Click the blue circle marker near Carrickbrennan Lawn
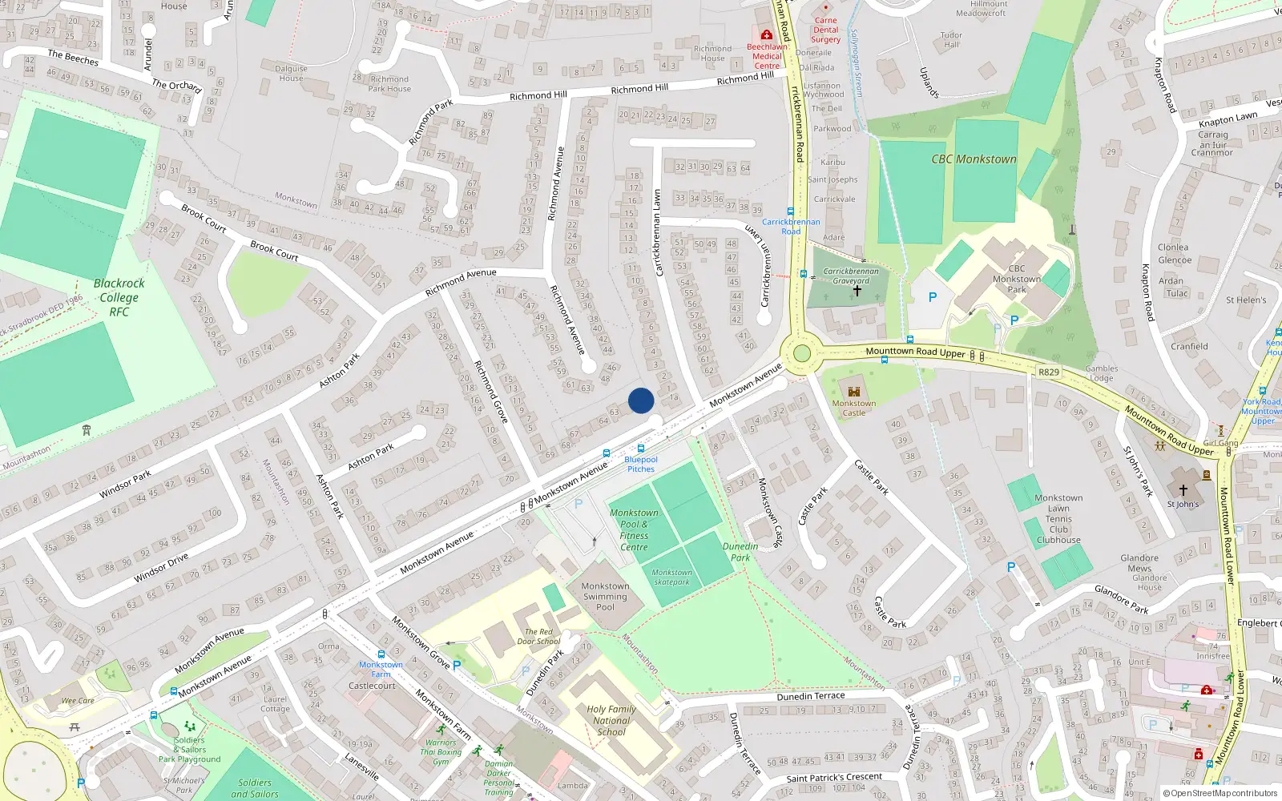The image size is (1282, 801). click(641, 400)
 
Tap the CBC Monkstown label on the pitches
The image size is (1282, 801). click(974, 159)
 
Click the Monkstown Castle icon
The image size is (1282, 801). click(854, 392)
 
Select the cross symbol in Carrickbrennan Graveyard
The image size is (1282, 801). click(857, 291)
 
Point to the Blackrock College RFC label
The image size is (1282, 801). click(119, 297)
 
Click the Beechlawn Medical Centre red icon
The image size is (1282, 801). click(767, 35)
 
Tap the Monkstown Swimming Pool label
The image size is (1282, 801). click(605, 597)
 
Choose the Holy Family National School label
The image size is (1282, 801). click(611, 720)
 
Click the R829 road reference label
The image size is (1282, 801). click(1048, 372)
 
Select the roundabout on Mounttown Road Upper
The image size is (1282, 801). click(801, 354)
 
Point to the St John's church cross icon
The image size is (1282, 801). click(1183, 489)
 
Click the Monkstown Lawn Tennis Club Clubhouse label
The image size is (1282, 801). click(1058, 519)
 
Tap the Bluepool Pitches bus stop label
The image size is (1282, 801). click(641, 464)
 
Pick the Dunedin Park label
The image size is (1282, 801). click(740, 552)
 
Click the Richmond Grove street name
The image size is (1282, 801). click(491, 392)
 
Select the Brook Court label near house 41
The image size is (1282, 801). click(274, 251)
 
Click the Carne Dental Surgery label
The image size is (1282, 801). click(825, 30)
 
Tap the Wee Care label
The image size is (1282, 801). click(78, 701)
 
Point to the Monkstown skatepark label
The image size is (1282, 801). click(671, 577)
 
